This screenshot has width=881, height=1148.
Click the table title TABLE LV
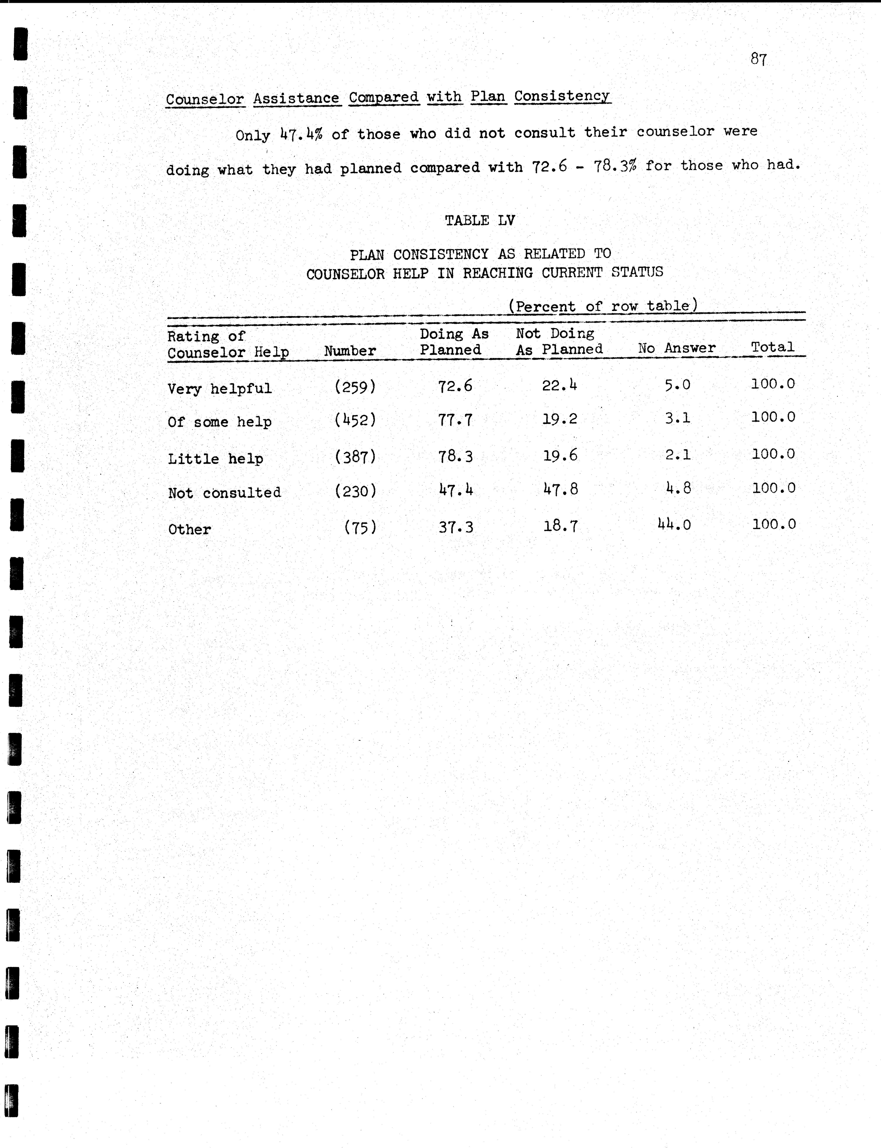[480, 220]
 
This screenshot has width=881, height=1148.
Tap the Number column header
[350, 351]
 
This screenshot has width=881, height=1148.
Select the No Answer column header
[676, 348]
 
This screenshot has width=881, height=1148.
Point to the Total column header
[773, 347]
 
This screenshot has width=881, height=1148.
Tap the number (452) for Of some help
[355, 420]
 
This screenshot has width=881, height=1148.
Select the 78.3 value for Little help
[455, 456]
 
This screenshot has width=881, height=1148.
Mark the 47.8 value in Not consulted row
[560, 490]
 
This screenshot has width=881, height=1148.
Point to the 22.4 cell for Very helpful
[560, 386]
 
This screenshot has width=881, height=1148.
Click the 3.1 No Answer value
[678, 418]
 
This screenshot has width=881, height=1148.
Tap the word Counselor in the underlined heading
[205, 99]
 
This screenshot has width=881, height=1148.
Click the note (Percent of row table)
[603, 306]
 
